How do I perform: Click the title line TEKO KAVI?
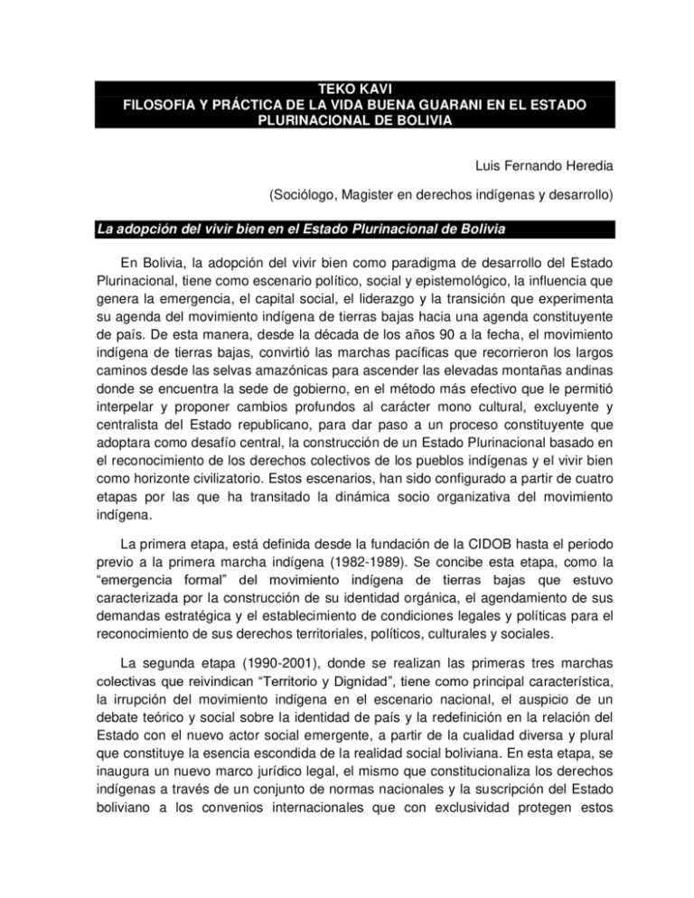coord(346,89)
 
